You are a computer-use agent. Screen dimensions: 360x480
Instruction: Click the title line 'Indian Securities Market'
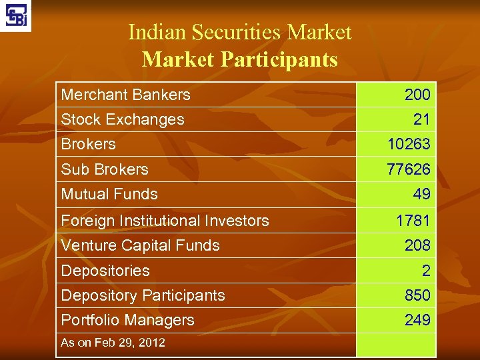click(x=239, y=32)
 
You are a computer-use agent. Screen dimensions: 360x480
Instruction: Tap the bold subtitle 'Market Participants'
click(x=239, y=60)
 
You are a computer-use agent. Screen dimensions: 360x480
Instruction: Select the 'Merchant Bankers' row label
click(x=125, y=95)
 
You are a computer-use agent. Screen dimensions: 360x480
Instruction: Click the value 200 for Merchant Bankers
click(x=417, y=95)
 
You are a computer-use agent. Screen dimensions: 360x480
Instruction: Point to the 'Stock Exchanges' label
click(x=122, y=120)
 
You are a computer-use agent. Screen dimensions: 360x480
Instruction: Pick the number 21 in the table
click(x=421, y=120)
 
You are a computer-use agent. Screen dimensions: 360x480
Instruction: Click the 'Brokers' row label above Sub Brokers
click(x=88, y=144)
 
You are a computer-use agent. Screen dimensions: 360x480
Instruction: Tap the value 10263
click(x=409, y=145)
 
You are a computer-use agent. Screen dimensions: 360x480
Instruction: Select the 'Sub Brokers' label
click(x=105, y=169)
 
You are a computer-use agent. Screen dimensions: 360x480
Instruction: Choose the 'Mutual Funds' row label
click(x=109, y=195)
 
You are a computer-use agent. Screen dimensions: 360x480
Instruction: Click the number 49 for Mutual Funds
click(x=421, y=195)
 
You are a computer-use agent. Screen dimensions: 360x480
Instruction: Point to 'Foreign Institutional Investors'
click(x=165, y=221)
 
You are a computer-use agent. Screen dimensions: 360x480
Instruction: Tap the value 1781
click(x=413, y=221)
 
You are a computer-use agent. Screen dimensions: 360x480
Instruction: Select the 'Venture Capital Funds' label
click(x=140, y=245)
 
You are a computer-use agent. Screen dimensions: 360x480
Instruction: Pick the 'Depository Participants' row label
click(x=143, y=295)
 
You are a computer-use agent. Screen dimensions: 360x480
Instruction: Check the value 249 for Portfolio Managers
click(x=417, y=321)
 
